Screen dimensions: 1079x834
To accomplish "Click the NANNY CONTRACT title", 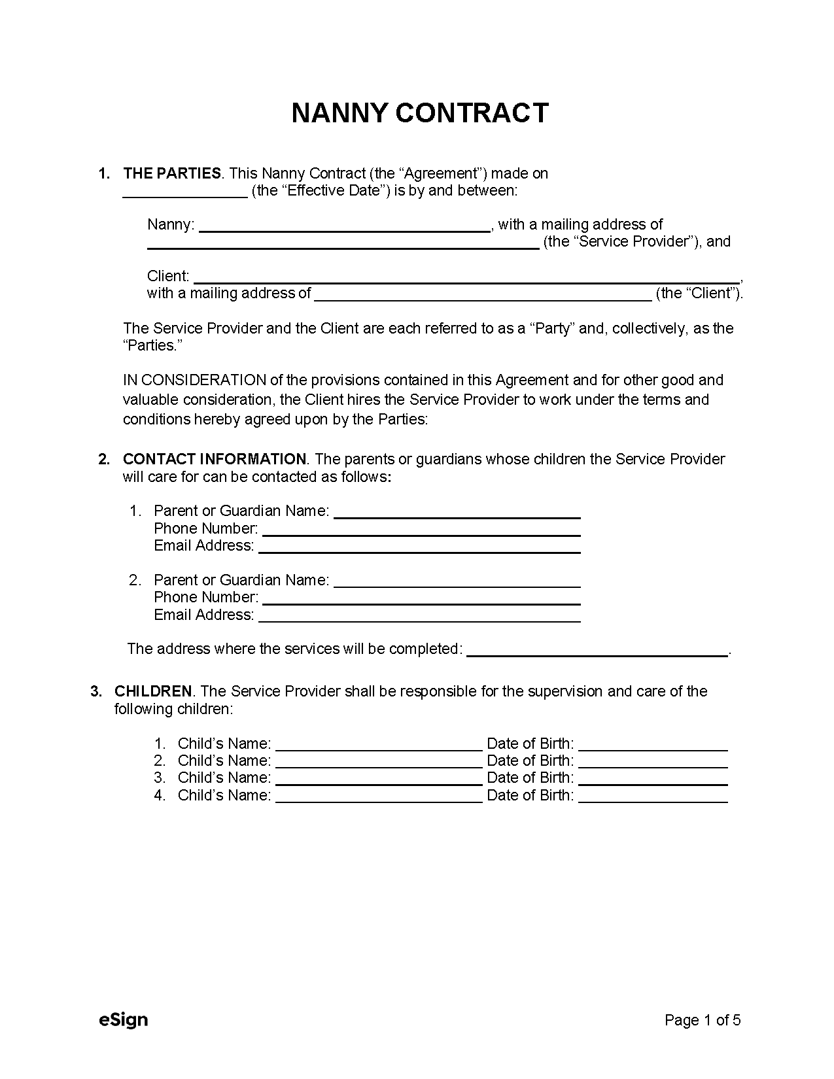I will pyautogui.click(x=419, y=113).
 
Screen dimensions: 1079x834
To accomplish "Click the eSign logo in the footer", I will pyautogui.click(x=123, y=1019).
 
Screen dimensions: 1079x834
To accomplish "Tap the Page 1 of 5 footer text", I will pyautogui.click(x=702, y=1020).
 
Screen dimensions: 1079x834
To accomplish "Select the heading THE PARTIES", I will pyautogui.click(x=172, y=173).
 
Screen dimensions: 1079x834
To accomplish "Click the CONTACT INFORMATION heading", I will pyautogui.click(x=214, y=459).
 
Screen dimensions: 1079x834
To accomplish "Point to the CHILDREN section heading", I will pyautogui.click(x=153, y=691).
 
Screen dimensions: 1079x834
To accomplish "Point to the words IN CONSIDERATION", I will pyautogui.click(x=194, y=380).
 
